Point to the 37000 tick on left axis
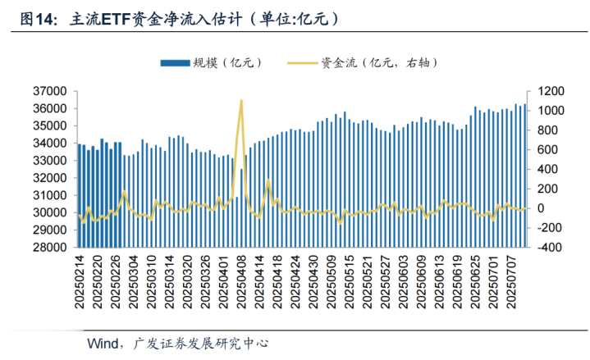[49, 91]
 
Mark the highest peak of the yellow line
[241, 100]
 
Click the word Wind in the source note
[103, 342]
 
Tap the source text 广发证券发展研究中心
[200, 342]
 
